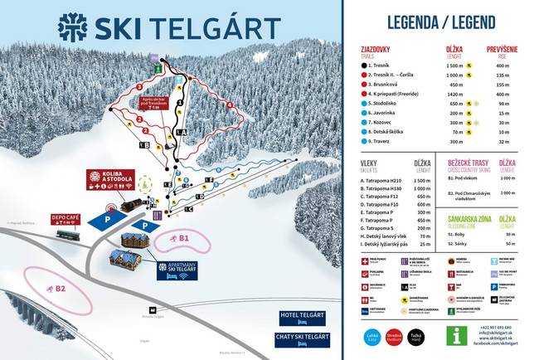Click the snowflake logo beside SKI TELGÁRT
tap(72, 26)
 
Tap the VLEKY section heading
tap(369, 163)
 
